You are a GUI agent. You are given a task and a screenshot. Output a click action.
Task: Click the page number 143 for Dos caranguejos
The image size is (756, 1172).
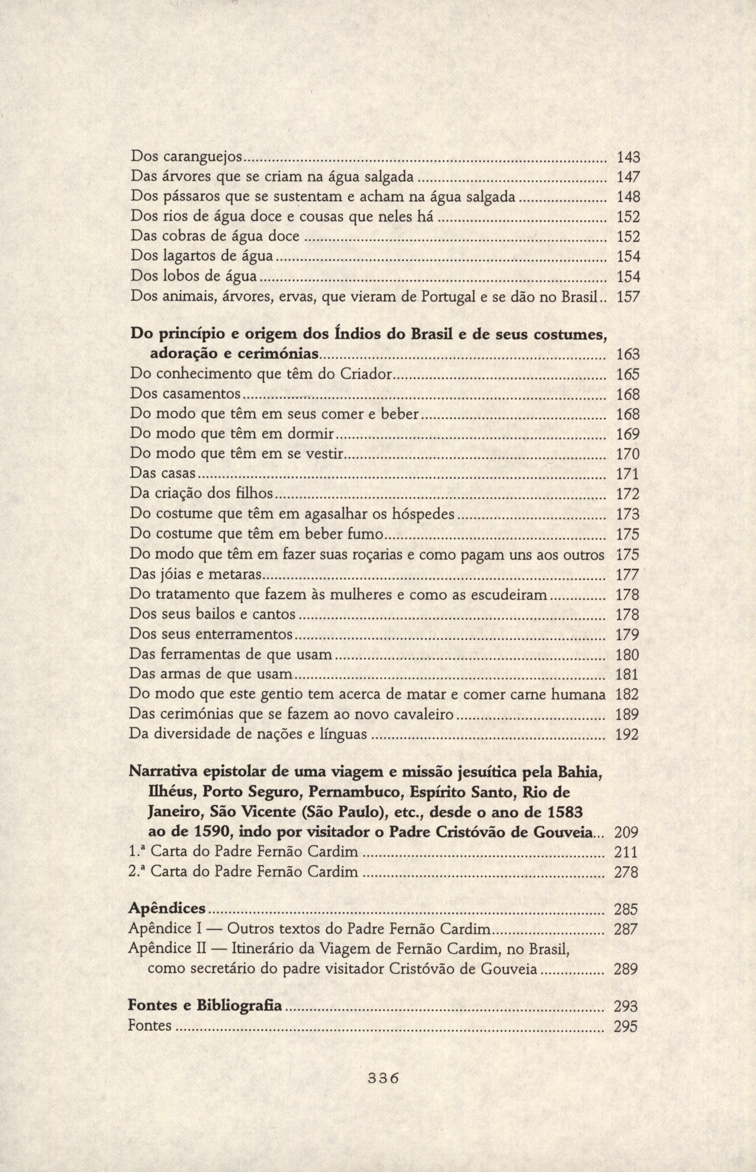[x=628, y=157]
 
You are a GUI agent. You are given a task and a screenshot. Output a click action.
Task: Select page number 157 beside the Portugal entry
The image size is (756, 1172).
[x=628, y=297]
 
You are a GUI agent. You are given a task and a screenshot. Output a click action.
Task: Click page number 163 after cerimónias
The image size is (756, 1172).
[x=628, y=355]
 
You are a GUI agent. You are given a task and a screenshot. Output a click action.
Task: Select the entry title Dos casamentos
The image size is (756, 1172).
[x=185, y=394]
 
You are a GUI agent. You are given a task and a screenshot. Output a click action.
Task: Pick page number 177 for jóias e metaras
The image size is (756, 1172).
[x=628, y=575]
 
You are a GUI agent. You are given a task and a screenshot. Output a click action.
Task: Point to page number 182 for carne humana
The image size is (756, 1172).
[x=628, y=694]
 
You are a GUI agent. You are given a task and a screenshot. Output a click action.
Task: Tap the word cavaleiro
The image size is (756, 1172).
[x=426, y=714]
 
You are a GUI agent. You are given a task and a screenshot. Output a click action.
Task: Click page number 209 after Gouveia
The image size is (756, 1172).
[x=626, y=833]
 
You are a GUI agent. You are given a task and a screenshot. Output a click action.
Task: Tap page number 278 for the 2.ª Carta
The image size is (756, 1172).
[x=626, y=872]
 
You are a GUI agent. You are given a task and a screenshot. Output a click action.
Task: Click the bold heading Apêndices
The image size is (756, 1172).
[x=168, y=909]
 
